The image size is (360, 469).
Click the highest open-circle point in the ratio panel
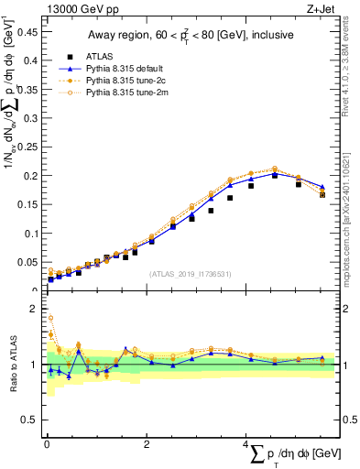pos(50,318)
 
